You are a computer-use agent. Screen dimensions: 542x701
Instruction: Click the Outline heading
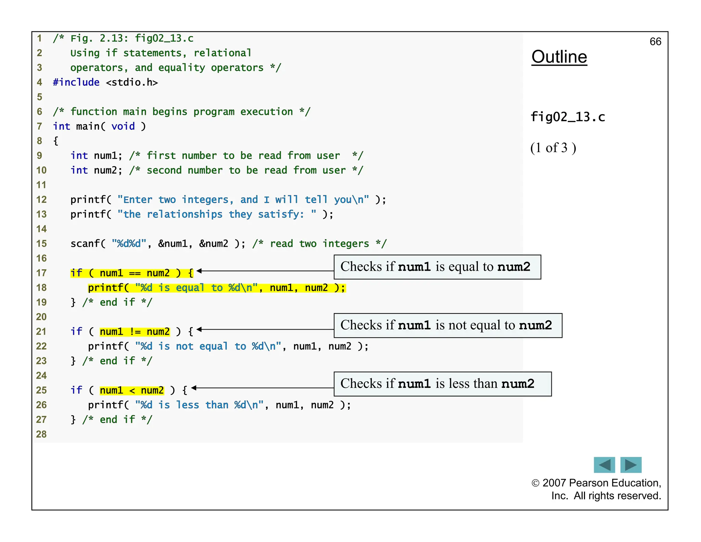point(559,57)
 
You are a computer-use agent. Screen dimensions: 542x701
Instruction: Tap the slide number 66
point(655,42)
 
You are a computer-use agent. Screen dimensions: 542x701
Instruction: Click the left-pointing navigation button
point(604,465)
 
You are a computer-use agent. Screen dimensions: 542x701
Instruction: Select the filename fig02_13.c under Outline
point(568,117)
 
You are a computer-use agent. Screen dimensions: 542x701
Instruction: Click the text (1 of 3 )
point(553,148)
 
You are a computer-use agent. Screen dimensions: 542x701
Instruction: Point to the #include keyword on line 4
point(76,82)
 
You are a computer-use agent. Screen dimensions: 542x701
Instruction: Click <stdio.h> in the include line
point(132,82)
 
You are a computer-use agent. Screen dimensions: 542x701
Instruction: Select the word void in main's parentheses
point(123,126)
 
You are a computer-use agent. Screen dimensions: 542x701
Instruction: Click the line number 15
point(41,244)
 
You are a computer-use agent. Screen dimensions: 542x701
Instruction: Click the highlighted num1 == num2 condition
point(135,273)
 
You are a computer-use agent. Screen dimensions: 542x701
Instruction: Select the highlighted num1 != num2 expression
point(135,332)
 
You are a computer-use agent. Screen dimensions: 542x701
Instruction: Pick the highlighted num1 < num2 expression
point(132,390)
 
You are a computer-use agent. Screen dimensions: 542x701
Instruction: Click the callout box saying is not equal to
point(448,325)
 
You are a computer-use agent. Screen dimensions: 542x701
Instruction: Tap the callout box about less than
point(442,384)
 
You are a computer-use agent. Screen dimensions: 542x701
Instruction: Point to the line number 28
point(41,434)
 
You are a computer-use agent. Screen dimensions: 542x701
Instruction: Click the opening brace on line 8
point(56,141)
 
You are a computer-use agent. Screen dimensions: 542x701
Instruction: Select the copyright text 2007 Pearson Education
point(596,483)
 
